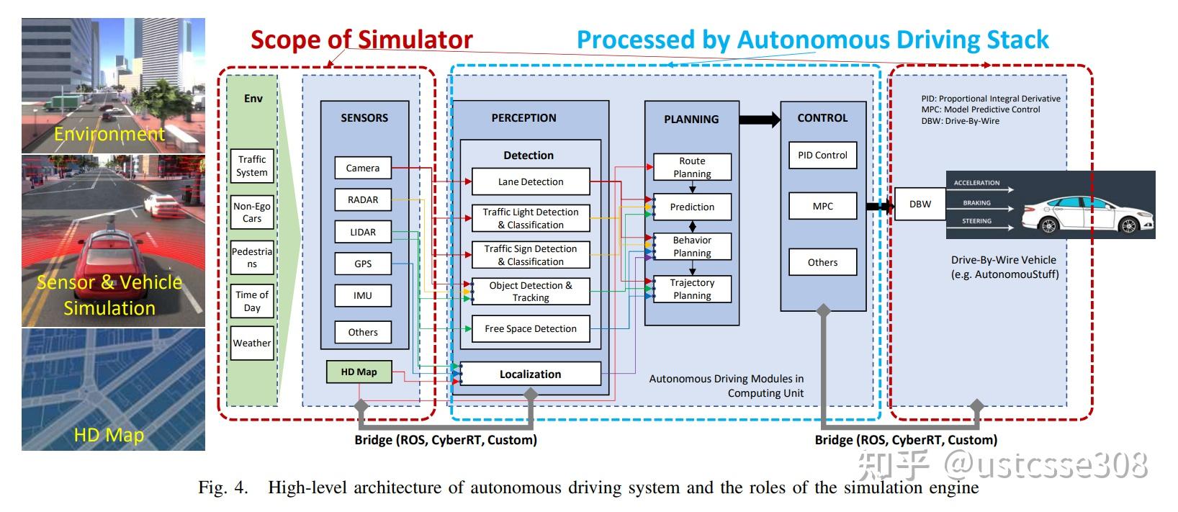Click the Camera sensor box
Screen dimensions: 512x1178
363,168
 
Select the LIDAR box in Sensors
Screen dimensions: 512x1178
363,232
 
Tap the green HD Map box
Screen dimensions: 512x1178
359,372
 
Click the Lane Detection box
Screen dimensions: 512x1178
531,181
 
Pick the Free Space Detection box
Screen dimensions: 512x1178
531,328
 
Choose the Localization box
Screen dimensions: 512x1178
530,374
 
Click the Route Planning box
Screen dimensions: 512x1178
692,167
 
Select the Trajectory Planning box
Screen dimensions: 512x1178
692,289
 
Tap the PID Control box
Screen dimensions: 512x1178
822,155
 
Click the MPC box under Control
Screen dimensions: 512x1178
822,206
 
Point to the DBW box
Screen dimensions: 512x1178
920,204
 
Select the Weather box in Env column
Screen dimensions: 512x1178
252,343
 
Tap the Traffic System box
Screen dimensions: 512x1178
252,166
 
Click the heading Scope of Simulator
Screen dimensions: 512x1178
361,40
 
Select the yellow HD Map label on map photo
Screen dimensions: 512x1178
109,435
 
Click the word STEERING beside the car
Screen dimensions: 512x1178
976,221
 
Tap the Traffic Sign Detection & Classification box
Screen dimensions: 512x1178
531,255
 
